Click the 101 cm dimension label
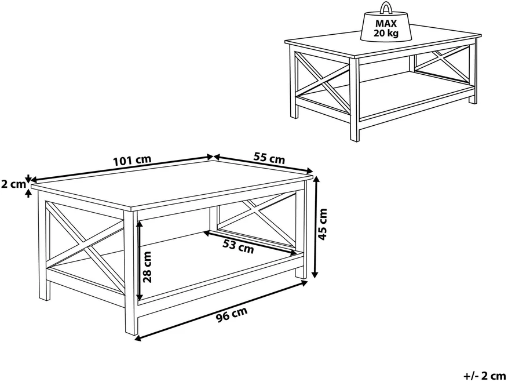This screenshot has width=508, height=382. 132,160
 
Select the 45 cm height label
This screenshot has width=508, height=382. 323,224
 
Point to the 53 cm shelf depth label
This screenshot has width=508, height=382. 238,247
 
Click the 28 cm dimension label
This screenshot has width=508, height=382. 147,267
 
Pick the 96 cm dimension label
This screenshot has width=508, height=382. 232,314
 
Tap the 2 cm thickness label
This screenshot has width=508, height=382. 13,184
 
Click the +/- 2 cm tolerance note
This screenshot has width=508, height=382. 485,376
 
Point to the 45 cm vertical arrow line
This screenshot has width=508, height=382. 315,227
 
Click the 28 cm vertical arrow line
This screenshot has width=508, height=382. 140,261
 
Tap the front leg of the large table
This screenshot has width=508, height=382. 130,273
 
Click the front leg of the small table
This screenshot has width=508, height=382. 354,100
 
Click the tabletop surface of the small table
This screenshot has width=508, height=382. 382,45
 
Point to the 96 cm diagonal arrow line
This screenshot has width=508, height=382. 221,310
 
